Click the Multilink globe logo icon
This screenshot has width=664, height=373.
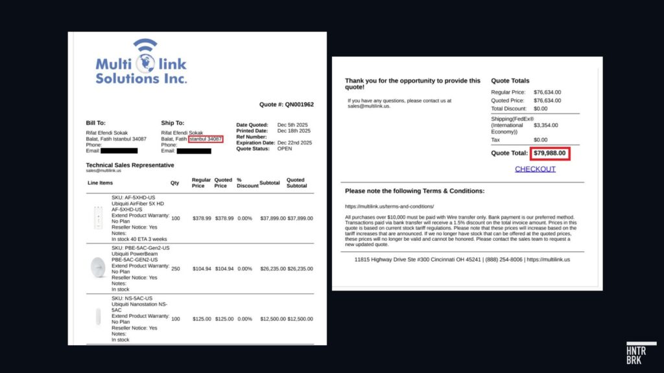145,60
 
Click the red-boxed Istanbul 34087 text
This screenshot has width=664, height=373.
205,139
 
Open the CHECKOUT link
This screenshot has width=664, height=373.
535,169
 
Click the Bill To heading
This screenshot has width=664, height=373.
95,123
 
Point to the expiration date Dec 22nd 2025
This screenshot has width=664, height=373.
294,142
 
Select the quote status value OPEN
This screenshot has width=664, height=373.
285,148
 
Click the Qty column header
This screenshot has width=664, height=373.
175,183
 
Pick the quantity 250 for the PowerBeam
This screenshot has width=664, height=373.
176,268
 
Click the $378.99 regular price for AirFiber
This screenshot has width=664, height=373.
202,218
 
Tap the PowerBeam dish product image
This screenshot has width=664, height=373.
99,268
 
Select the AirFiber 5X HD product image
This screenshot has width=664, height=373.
99,218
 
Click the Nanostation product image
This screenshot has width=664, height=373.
99,318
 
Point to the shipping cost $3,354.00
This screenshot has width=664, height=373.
546,125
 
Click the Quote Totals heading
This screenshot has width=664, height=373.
510,81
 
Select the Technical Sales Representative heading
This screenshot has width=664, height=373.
130,165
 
